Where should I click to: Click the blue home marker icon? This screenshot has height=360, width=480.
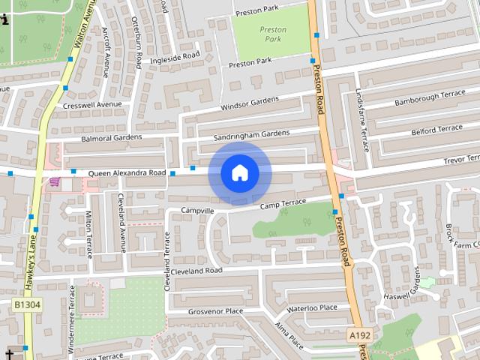(240, 172)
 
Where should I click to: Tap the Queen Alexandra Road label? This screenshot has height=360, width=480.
(127, 173)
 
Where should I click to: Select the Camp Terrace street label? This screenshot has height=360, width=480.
(283, 204)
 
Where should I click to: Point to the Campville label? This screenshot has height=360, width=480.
(198, 211)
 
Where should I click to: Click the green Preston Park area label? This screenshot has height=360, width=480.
(273, 34)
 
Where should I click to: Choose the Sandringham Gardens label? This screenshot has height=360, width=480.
(251, 134)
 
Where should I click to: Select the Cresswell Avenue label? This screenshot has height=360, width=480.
(92, 106)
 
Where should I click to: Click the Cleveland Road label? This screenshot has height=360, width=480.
(196, 271)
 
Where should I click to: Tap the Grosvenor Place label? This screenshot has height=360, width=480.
(215, 310)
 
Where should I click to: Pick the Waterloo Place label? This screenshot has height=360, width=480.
(312, 308)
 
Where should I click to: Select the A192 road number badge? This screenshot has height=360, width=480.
(360, 337)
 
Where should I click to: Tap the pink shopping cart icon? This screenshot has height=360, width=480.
(54, 181)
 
